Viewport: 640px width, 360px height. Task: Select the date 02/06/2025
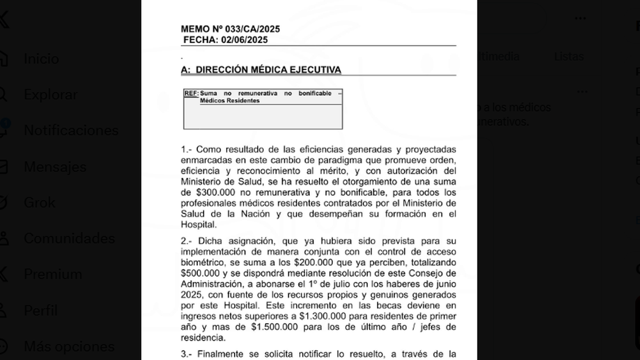click(x=245, y=40)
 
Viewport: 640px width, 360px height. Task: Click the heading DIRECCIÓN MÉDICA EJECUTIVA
click(x=269, y=70)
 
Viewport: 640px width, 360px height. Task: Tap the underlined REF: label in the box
click(x=191, y=93)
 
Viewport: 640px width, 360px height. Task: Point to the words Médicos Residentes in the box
click(x=230, y=101)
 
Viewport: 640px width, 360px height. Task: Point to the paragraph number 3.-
click(x=187, y=354)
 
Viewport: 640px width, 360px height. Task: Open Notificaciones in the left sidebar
click(x=71, y=131)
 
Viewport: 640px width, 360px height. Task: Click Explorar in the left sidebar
click(x=51, y=95)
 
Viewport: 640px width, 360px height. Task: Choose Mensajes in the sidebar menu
click(x=55, y=167)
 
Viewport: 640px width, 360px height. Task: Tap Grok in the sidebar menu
click(x=39, y=203)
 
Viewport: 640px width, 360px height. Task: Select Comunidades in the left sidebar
click(x=69, y=238)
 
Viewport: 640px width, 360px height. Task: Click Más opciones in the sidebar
click(x=69, y=347)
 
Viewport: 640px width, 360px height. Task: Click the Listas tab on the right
click(x=569, y=57)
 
